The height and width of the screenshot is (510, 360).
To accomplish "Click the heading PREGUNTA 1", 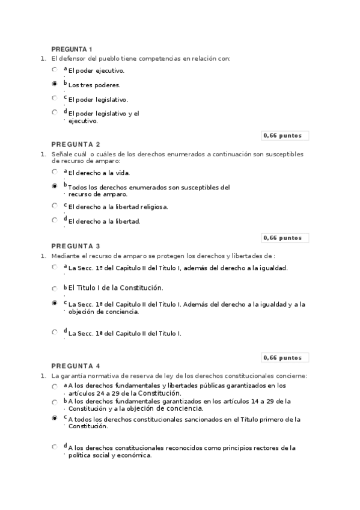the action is pos(72,49).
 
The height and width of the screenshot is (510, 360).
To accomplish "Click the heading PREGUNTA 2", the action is pos(76,144).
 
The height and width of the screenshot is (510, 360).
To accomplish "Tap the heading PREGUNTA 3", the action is pos(76,246).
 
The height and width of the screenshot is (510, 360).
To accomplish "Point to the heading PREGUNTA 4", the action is pos(76,366).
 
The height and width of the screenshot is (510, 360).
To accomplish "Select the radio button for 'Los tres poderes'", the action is pos(55,84).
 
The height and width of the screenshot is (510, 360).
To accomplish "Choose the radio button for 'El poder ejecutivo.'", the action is pos(55,70).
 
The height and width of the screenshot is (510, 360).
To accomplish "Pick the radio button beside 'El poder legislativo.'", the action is pos(55,98).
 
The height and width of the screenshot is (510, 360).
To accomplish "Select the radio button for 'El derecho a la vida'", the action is pos(55,172).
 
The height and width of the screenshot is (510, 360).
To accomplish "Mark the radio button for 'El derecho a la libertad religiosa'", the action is pos(55,206).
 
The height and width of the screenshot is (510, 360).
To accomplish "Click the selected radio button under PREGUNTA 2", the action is pos(55,187).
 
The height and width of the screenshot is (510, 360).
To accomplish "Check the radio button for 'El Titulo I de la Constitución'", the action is pos(55,289).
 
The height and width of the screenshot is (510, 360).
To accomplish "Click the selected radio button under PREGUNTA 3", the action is pos(55,304).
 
